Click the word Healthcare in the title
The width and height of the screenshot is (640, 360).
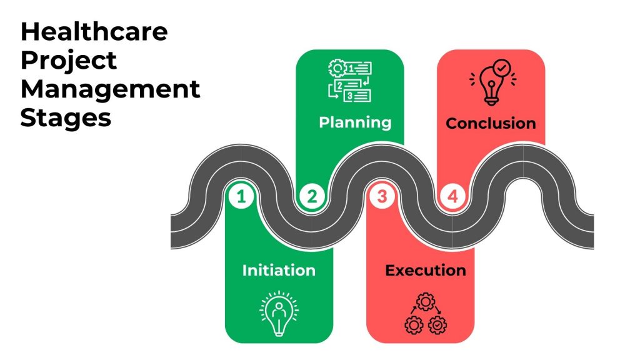[x=94, y=31]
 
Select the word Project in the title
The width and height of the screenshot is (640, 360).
[x=69, y=60]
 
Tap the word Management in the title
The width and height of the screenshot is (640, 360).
[x=111, y=89]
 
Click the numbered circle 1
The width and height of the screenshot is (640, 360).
[x=241, y=197]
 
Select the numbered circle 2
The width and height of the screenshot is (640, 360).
[x=312, y=197]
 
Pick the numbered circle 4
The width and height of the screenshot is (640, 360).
[x=453, y=197]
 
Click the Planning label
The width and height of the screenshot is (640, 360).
[x=355, y=121]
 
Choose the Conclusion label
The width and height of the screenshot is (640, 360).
[x=491, y=123]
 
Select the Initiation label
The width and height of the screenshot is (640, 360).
[x=279, y=270]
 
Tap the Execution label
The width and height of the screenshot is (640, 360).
[x=425, y=270]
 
